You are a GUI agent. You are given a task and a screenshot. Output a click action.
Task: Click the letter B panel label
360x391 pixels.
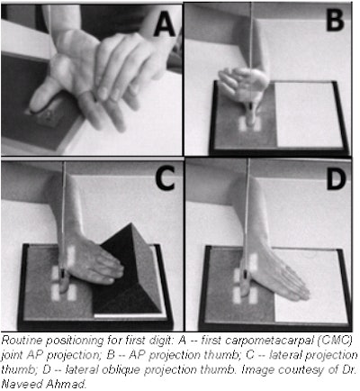[x=335, y=20]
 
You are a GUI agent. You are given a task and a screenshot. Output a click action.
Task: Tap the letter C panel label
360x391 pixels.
[x=165, y=178]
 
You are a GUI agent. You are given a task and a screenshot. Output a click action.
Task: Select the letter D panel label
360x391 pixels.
[x=337, y=178]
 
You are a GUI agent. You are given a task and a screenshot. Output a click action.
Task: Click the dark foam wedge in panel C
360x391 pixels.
[x=129, y=270]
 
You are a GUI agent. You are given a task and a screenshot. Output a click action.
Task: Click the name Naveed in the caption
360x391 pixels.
[x=19, y=384]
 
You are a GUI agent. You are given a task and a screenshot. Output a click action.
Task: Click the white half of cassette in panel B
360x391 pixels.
[x=308, y=114]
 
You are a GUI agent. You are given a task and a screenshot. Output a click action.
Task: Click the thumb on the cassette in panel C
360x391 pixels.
[x=63, y=282]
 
